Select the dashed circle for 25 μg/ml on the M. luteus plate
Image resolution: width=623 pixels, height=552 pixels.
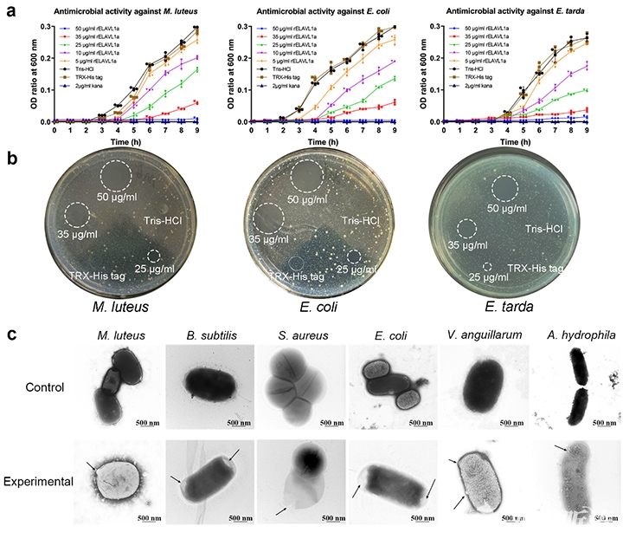tap(154, 257)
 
